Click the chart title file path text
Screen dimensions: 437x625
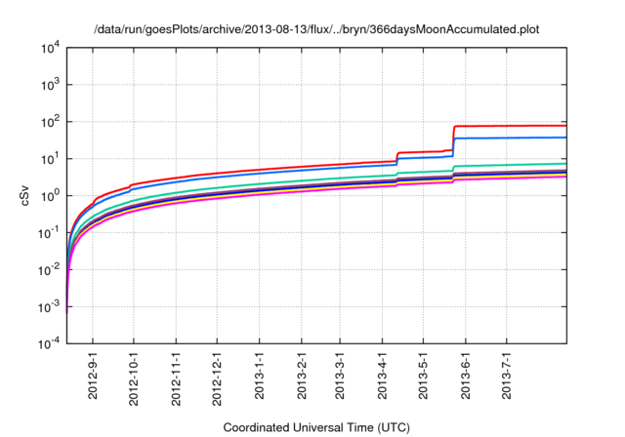tap(316, 30)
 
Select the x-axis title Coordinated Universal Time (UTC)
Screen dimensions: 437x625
tap(316, 427)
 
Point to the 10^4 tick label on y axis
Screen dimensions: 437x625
tap(49, 48)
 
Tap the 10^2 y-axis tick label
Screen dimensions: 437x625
tap(49, 122)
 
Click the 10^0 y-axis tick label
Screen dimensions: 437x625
tap(49, 196)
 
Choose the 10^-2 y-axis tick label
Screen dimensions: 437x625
tap(48, 270)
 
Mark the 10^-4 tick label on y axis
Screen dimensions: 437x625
tap(48, 344)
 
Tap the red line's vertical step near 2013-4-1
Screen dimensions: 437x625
tap(396, 157)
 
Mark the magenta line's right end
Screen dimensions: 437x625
tap(565, 176)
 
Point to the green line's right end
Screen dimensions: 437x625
tap(565, 164)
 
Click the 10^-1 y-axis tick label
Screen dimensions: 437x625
tap(48, 233)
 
